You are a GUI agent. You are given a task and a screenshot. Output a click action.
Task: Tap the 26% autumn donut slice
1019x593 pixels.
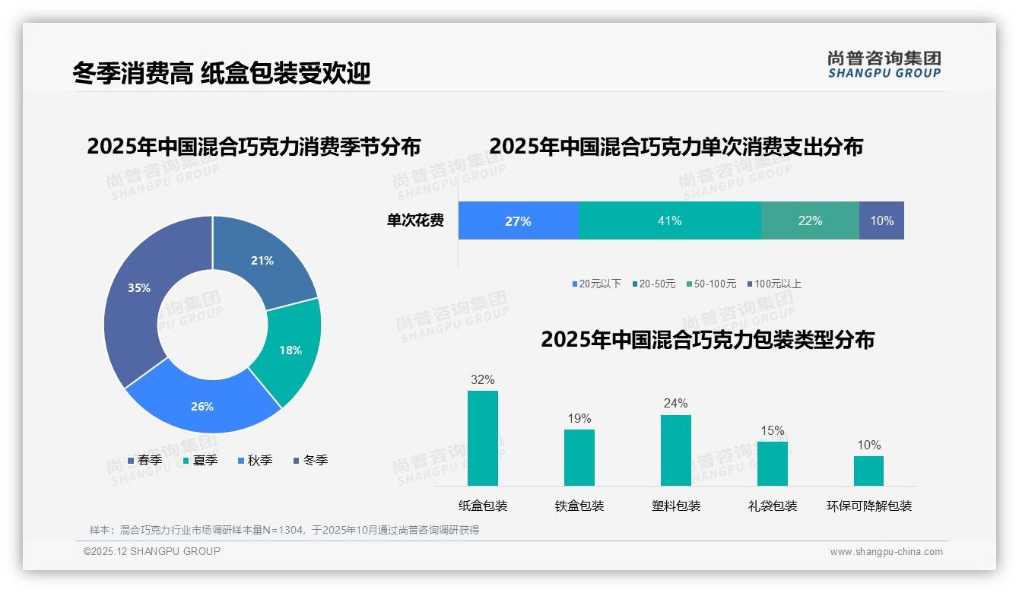pos(202,406)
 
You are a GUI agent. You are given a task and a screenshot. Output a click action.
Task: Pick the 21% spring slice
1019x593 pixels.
pos(263,261)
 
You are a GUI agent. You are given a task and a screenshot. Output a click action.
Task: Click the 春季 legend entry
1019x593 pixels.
pos(144,460)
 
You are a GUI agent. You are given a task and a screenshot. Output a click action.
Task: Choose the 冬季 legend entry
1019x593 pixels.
pos(310,460)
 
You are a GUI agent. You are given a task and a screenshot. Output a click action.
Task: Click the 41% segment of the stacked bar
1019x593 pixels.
pos(669,220)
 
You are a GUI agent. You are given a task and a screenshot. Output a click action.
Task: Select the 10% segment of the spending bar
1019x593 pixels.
pos(881,220)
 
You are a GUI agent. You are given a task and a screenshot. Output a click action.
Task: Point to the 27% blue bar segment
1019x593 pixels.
pos(518,220)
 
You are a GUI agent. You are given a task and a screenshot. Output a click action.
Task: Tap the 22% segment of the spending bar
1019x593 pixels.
pos(810,220)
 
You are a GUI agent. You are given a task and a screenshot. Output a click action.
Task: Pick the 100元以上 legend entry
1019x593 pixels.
pos(774,284)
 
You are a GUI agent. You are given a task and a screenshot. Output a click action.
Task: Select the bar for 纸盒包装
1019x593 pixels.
pos(482,438)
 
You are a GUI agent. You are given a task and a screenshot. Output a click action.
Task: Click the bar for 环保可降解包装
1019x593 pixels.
pos(868,471)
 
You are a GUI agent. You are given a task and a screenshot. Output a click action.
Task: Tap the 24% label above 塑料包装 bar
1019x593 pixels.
pos(675,403)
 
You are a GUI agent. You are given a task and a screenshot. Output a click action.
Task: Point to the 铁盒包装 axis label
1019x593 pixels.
pos(579,506)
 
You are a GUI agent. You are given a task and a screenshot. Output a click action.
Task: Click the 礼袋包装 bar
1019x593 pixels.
pos(772,463)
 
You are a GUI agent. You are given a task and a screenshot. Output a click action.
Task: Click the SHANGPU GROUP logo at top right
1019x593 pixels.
pos(884,65)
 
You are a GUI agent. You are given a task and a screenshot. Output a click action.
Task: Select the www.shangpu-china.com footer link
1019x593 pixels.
pos(886,552)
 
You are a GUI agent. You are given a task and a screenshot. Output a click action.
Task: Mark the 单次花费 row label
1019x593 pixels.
pos(415,220)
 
